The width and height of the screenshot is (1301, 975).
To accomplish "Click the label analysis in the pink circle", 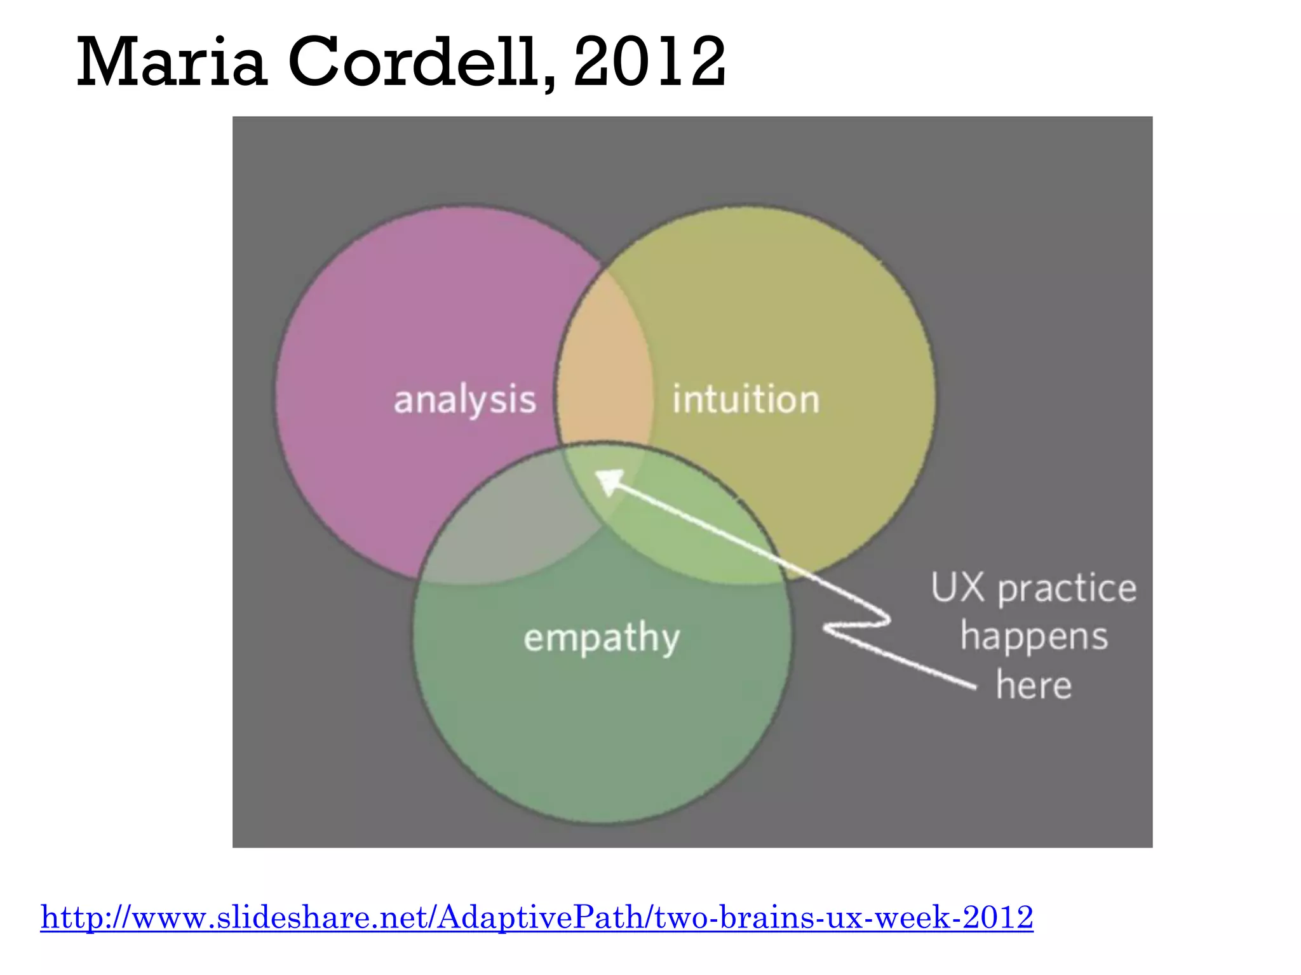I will (x=465, y=400).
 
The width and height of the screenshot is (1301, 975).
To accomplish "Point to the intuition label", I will (x=746, y=400).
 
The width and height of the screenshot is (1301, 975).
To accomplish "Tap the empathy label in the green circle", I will (x=602, y=637).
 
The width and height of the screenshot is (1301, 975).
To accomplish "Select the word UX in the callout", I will (x=957, y=588).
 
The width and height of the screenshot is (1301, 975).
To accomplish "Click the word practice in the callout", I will (x=1067, y=589).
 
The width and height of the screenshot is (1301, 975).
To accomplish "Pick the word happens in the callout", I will (x=1034, y=637).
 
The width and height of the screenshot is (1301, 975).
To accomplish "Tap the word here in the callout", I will (x=1034, y=686).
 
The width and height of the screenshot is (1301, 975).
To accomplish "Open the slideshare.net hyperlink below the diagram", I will (x=537, y=917).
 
